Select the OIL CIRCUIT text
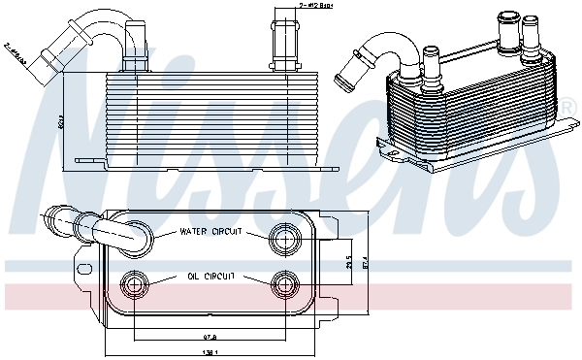(x=210, y=277)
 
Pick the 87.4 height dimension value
(x=365, y=263)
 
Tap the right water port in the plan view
(x=285, y=235)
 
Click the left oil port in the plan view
(x=133, y=283)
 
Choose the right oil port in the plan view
(x=285, y=283)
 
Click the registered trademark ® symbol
(x=566, y=105)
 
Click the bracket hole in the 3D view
(x=389, y=146)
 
